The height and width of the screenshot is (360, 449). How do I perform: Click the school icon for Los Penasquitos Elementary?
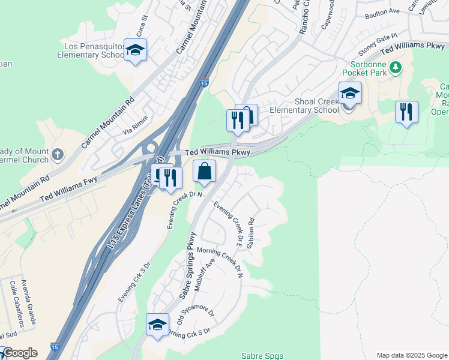[x=135, y=50]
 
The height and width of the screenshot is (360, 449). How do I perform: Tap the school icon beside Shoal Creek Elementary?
[x=350, y=94]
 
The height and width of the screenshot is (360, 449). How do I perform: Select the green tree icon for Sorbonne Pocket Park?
[x=395, y=67]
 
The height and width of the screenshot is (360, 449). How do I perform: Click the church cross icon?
[x=58, y=155]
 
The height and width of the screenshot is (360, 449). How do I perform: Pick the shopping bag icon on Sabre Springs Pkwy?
[x=205, y=171]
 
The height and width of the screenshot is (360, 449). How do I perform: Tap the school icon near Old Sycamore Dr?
[x=157, y=325]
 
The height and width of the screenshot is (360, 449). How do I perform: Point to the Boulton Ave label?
[x=382, y=11]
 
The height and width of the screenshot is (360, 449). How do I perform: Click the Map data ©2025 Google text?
[x=411, y=355]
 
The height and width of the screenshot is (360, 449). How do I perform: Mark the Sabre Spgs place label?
[x=262, y=356]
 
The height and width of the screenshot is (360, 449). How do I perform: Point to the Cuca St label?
[x=141, y=26]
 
